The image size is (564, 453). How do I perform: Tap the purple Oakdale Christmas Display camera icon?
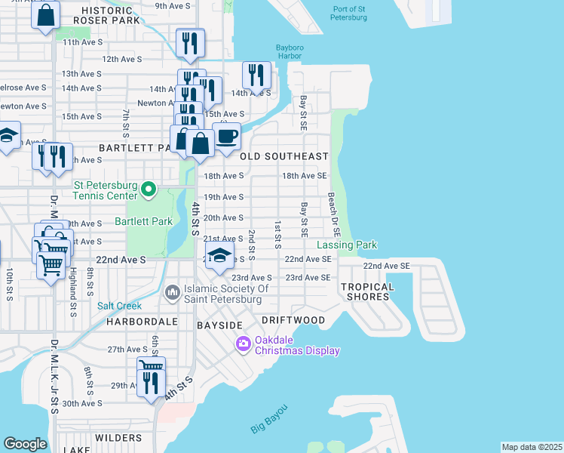coord(244,344)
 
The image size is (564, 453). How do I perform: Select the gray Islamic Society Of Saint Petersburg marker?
coord(173,291)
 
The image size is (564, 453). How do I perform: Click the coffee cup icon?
coord(226,137)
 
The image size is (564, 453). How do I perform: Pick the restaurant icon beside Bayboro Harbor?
coord(256,76)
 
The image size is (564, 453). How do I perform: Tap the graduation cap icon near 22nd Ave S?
coord(219,257)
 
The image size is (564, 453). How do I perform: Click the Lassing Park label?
coord(346,245)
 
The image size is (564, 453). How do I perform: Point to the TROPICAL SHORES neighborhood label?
coord(367,291)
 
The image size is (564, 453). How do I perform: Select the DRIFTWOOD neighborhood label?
coord(293,320)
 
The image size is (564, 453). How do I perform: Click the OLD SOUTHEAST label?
coord(284,156)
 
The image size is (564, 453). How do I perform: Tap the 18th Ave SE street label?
coord(304,176)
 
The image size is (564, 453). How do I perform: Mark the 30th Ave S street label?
coord(81,404)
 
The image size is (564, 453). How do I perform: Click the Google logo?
coord(25,444)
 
